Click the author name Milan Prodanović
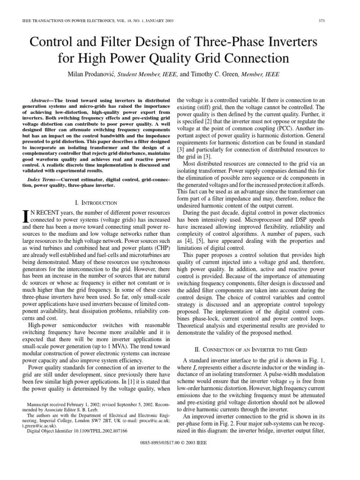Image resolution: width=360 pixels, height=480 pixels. (x=91, y=74)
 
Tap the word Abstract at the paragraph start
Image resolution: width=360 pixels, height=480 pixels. (x=42, y=101)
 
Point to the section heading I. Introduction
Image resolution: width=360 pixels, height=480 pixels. (x=96, y=202)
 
